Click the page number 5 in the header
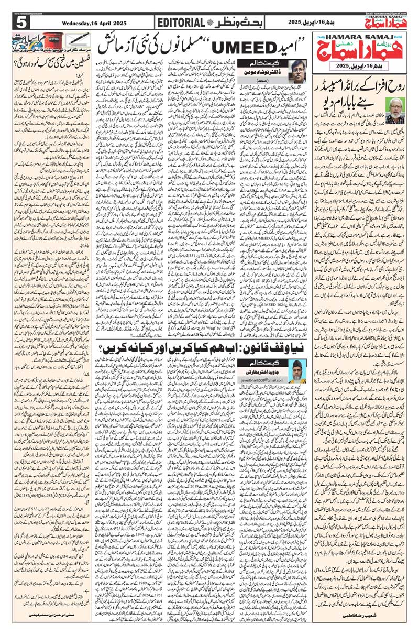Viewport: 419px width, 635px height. (x=21, y=23)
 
